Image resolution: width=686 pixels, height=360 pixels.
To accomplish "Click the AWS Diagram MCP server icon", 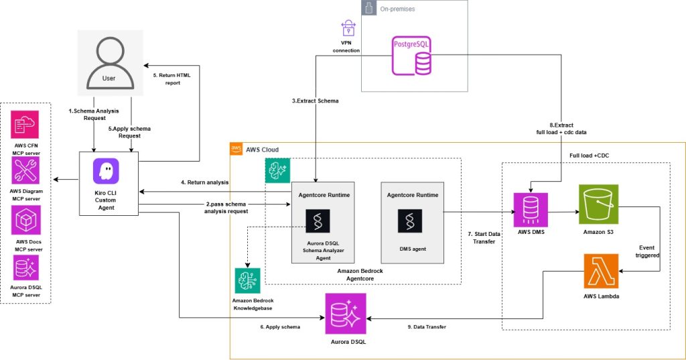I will pos(25,172).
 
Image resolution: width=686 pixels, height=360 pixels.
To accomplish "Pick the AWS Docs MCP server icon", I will pos(25,220).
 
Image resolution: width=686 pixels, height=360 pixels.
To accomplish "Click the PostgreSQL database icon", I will pos(411,56).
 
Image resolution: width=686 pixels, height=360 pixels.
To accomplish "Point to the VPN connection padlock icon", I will pos(348,28).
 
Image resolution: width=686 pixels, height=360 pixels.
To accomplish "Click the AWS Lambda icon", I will pos(601,271).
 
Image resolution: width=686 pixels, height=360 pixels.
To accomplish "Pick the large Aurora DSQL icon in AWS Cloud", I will pos(346,314).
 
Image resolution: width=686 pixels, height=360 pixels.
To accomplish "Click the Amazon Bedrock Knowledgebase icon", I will pos(248,280).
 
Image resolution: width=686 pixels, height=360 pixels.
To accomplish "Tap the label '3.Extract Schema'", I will pos(315,100).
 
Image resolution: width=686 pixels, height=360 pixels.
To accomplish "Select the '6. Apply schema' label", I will pos(279,326).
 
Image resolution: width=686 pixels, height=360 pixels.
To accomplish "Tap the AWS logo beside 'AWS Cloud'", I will pos(236,149).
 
